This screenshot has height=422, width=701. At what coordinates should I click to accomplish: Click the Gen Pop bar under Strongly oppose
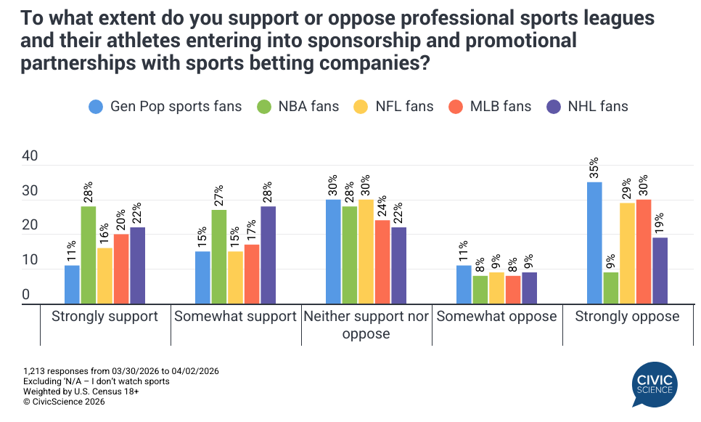594,243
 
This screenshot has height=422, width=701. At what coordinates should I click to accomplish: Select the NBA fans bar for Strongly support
89,255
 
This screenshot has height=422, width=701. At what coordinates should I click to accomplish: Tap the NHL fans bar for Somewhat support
268,255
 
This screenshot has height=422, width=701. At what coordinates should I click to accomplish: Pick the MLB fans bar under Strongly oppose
643,251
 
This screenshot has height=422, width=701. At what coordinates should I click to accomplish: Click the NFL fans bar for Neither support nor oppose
366,251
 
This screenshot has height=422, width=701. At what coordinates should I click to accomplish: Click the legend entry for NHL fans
589,106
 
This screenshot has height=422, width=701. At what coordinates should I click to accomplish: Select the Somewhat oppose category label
497,317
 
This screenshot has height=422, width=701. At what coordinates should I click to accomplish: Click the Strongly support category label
105,317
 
